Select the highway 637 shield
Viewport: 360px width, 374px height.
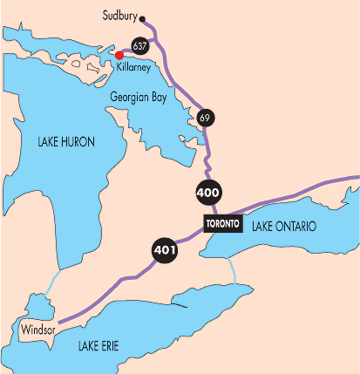click(x=139, y=44)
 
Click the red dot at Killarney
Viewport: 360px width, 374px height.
click(x=119, y=56)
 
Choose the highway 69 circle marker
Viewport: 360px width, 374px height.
click(x=206, y=118)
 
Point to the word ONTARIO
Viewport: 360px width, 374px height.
click(x=295, y=227)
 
